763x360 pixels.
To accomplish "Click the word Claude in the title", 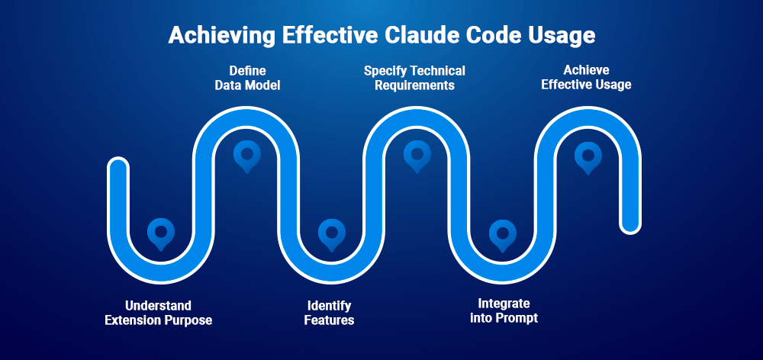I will click(x=434, y=36).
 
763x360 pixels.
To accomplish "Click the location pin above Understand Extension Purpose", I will click(x=160, y=233).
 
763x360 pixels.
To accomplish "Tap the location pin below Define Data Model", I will click(x=246, y=155).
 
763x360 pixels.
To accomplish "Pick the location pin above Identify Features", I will click(x=331, y=233).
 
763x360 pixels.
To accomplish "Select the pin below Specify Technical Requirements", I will click(x=417, y=155).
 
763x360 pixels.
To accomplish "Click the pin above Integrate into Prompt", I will click(x=502, y=233).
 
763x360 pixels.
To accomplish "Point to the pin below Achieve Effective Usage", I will click(x=588, y=155).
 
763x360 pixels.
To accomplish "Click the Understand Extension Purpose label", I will click(x=158, y=313).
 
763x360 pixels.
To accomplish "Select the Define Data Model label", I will click(x=246, y=78).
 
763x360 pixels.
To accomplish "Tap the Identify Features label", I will click(x=329, y=313).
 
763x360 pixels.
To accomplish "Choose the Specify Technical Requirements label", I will click(x=414, y=78).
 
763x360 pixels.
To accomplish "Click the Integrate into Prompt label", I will click(x=503, y=310).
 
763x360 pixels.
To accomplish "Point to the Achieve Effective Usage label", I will click(x=586, y=78).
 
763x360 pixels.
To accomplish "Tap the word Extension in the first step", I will click(x=133, y=320).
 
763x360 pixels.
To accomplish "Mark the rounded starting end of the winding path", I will click(x=118, y=166).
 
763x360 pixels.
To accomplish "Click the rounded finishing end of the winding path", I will click(x=630, y=224).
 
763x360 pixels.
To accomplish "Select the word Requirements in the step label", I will click(x=414, y=85).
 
